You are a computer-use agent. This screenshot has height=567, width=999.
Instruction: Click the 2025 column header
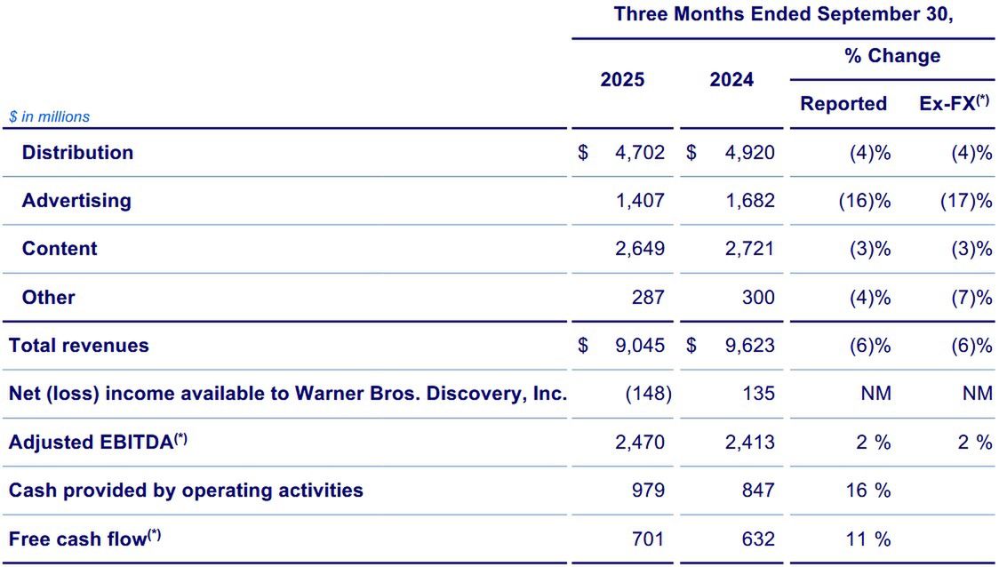622,80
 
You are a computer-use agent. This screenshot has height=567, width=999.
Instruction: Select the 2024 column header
731,80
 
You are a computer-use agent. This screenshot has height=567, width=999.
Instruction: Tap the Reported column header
843,104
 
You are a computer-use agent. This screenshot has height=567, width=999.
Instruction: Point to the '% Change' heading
892,56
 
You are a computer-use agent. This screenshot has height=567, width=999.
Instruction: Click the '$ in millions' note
49,116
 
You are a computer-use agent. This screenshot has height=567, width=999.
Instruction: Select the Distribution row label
77,153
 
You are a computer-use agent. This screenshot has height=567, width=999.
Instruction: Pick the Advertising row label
76,201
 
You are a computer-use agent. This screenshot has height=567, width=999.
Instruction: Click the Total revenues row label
79,346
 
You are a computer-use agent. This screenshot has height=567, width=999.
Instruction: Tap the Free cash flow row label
84,539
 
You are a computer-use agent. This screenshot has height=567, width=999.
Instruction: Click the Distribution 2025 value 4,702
639,153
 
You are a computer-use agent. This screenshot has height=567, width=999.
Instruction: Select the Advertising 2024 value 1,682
749,201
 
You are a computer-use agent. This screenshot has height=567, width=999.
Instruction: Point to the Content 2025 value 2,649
639,249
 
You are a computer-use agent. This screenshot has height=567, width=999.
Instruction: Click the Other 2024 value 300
758,298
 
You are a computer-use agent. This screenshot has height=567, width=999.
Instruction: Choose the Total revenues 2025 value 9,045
639,346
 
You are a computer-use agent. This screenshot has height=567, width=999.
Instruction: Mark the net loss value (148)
648,394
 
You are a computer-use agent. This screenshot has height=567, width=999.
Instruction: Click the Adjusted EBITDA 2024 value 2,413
749,443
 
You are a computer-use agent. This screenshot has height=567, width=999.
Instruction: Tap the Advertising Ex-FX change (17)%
965,201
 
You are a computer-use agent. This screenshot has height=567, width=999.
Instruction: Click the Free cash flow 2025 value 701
648,539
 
